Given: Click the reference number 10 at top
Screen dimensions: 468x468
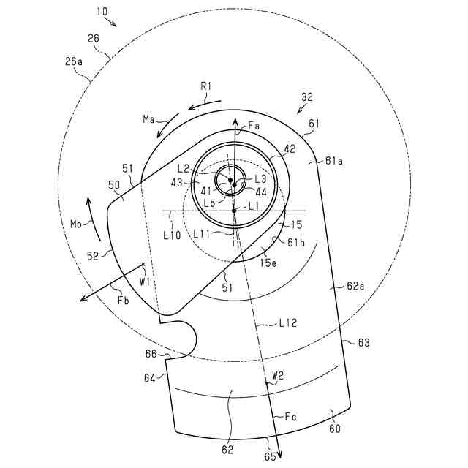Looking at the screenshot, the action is click(x=100, y=12).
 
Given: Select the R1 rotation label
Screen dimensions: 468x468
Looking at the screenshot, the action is click(x=206, y=86).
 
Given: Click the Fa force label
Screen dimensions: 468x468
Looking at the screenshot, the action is click(x=254, y=127).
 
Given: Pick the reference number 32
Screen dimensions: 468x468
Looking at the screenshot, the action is click(x=306, y=95).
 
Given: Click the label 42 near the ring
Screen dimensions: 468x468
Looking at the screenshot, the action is click(x=290, y=149).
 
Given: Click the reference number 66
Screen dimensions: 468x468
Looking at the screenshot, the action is click(x=151, y=353).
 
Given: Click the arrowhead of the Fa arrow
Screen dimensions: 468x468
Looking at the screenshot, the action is click(x=235, y=117).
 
